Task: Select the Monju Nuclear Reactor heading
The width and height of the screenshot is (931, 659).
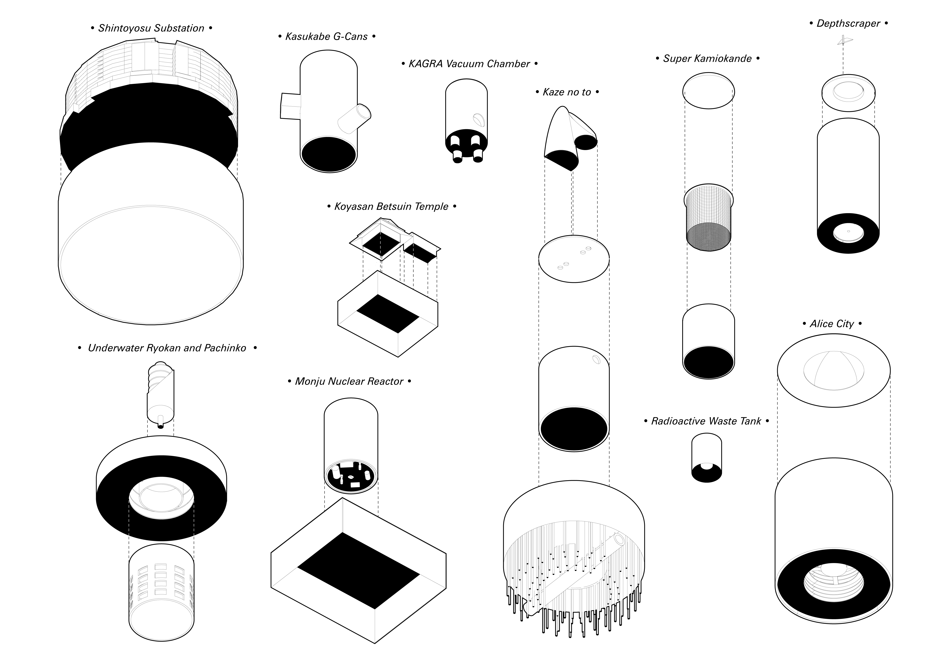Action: coord(349,381)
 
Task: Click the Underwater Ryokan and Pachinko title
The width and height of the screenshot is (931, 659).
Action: coord(167,348)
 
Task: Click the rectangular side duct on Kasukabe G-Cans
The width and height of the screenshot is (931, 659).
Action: coord(290,106)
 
